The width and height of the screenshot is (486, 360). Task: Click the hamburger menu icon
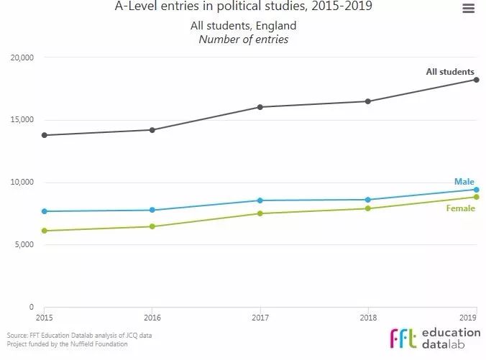pos(468,9)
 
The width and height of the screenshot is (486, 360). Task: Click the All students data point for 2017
pos(260,107)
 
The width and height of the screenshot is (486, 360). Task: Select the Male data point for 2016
pos(152,210)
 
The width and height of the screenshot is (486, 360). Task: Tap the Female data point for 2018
pos(368,208)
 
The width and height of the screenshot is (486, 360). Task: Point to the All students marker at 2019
pos(476,80)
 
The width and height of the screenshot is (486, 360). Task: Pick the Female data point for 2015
pos(44,231)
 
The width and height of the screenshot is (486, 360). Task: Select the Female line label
pos(461,208)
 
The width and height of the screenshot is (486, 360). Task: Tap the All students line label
pos(450,72)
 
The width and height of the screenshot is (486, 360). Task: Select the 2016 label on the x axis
pos(152,316)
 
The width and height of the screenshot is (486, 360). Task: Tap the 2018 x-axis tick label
pos(368,316)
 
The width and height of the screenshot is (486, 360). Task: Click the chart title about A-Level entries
pos(244,8)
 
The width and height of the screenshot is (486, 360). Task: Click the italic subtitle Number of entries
pos(243,40)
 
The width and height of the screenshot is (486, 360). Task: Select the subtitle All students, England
pos(243,27)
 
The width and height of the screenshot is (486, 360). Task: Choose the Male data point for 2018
pos(368,200)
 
